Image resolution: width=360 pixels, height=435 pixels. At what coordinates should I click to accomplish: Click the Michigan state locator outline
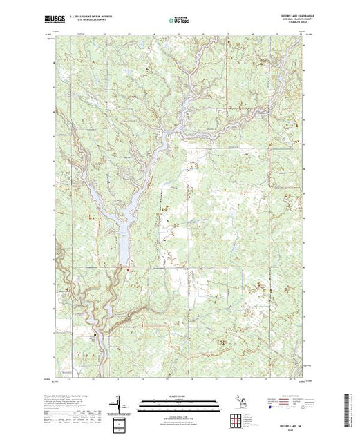(x=237, y=400)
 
